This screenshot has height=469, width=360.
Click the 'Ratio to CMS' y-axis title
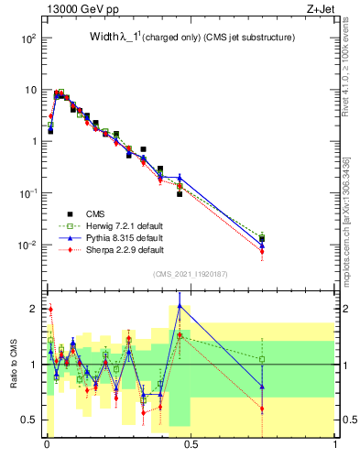tap(12, 378)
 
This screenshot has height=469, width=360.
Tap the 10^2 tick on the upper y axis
tap(29, 38)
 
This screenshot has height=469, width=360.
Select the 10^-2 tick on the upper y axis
tap(29, 245)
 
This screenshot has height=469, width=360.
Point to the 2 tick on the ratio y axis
tap(35, 309)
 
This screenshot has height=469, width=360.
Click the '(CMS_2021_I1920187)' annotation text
tap(190, 274)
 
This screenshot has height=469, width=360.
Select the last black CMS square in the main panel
tap(262, 239)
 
